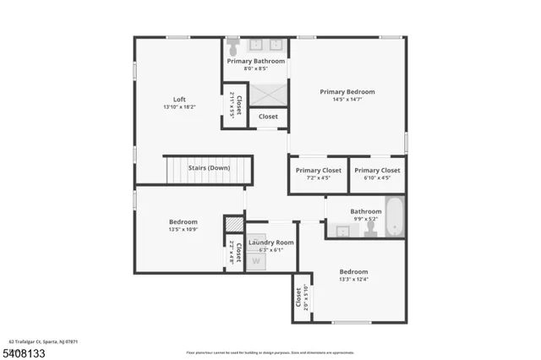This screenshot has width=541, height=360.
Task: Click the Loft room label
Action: [178, 98]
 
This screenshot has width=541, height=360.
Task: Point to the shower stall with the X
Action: [267, 90]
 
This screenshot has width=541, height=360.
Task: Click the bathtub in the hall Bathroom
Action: [395, 218]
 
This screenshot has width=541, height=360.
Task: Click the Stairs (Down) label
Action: [209, 167]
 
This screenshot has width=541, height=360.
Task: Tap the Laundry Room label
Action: [270, 242]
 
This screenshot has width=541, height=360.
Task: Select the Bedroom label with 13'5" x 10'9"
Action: [183, 221]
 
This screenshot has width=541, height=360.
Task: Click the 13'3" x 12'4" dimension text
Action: [353, 280]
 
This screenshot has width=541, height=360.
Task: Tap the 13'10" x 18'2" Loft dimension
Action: [178, 106]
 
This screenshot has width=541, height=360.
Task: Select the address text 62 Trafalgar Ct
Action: [43, 341]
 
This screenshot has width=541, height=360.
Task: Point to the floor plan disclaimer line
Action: [270, 352]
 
